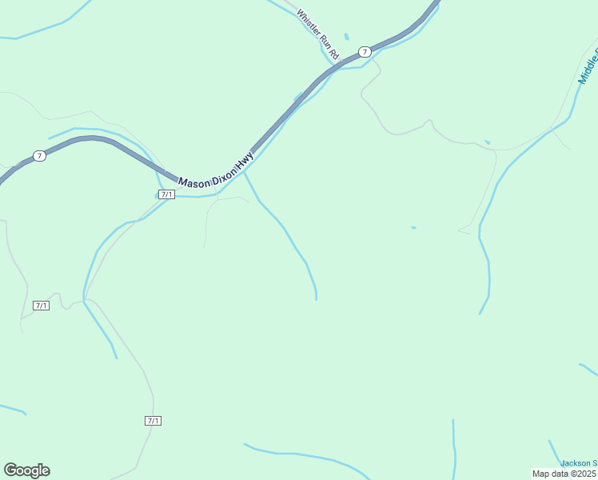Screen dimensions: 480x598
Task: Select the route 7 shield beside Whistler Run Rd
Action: point(365,51)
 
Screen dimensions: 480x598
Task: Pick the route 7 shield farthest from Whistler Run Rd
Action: point(39,155)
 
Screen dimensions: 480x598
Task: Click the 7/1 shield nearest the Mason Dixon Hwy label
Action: point(166,194)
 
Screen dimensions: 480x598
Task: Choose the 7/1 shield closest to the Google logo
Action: point(153,421)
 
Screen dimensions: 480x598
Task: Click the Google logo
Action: point(26,470)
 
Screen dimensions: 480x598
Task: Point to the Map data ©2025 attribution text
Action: point(564,473)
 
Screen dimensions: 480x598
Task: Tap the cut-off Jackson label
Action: point(578,462)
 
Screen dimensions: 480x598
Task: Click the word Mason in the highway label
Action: point(193,182)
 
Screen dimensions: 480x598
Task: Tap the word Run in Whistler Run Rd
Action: point(323,42)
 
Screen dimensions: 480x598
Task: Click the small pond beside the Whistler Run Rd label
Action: point(346,37)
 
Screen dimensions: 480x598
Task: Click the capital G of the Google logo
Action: point(11,470)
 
